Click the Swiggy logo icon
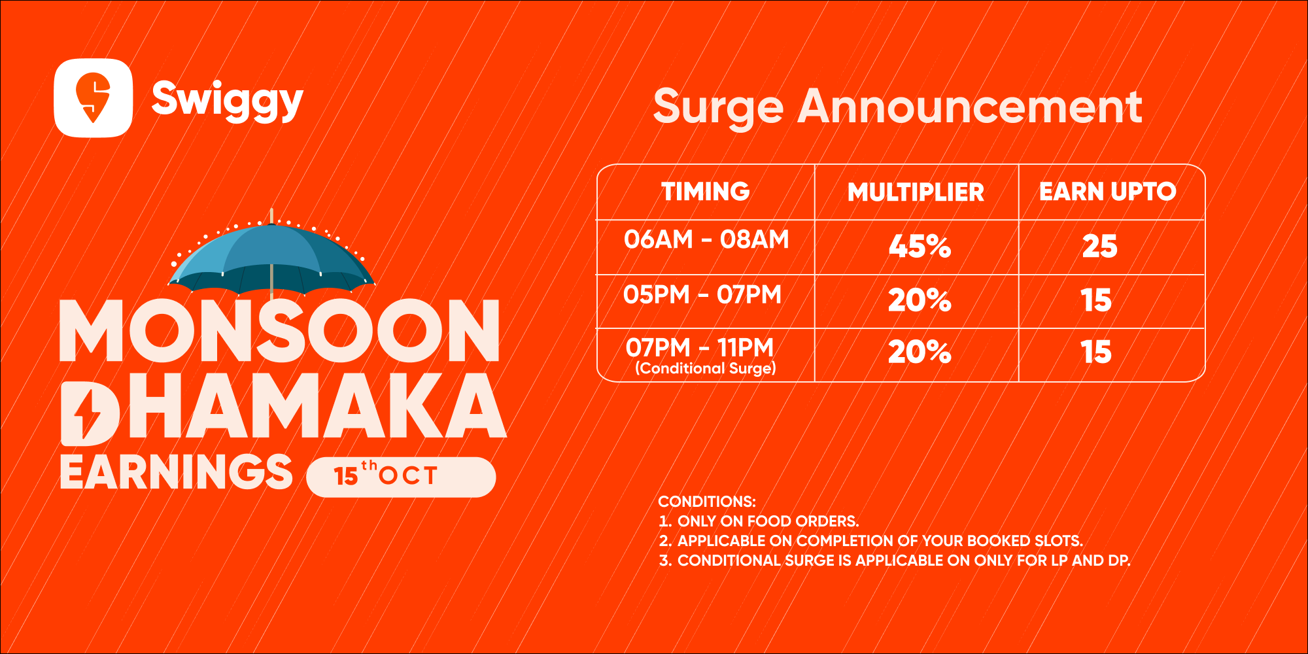93,98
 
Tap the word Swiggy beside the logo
227,100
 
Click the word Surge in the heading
718,107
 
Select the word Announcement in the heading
970,106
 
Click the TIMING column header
706,192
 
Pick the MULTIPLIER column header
916,192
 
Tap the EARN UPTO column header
1108,192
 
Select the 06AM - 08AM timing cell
706,239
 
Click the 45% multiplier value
920,247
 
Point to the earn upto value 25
1100,247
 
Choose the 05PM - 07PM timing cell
702,295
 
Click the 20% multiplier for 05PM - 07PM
920,300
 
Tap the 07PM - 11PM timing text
700,347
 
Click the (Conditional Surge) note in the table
706,368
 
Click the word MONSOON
280,331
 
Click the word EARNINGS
176,472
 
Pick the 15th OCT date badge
401,477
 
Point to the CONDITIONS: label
707,502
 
